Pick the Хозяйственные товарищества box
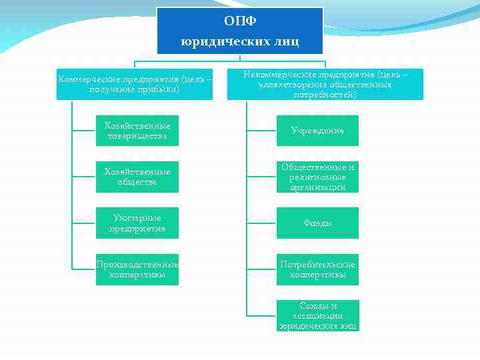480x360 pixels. [x=137, y=131]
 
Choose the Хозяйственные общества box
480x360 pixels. [x=137, y=177]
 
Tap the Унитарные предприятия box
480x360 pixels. [x=137, y=223]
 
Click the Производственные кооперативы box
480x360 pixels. [x=137, y=269]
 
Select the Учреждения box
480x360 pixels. [x=317, y=131]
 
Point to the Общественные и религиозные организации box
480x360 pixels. [x=317, y=177]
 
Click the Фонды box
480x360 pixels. [x=317, y=223]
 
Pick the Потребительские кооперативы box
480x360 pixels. [x=317, y=269]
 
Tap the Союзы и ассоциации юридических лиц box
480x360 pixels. [x=317, y=315]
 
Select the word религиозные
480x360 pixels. [x=317, y=177]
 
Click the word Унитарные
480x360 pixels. [x=137, y=218]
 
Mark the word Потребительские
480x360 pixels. [x=317, y=264]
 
